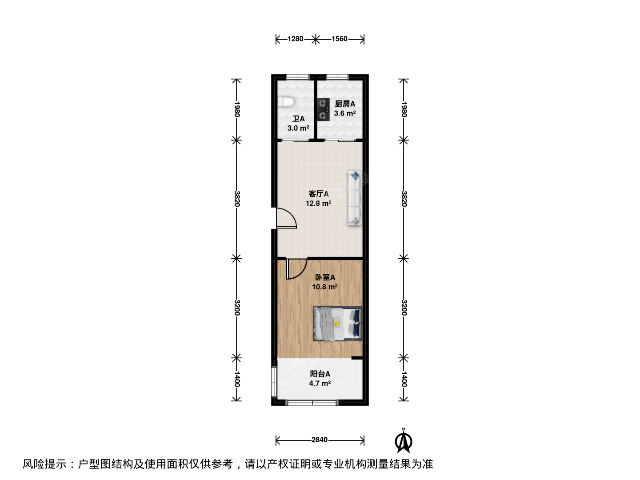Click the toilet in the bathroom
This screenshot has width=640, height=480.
286,102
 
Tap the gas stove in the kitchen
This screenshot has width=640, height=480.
324,110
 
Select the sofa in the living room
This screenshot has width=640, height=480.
355,198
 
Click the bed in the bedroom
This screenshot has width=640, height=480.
338,324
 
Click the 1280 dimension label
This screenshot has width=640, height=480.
296,39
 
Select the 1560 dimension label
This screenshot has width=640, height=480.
340,39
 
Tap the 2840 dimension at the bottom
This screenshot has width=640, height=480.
320,440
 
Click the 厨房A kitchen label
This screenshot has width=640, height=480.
345,104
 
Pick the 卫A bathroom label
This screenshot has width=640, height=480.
299,119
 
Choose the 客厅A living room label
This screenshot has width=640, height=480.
319,194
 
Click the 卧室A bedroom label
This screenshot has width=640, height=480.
325,277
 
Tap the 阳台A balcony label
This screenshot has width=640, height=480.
320,374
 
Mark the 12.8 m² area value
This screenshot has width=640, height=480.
318,203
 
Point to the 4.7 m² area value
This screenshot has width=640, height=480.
320,383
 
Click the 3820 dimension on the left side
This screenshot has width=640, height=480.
237,199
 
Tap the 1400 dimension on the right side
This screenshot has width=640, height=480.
404,379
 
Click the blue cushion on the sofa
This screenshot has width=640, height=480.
355,176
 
